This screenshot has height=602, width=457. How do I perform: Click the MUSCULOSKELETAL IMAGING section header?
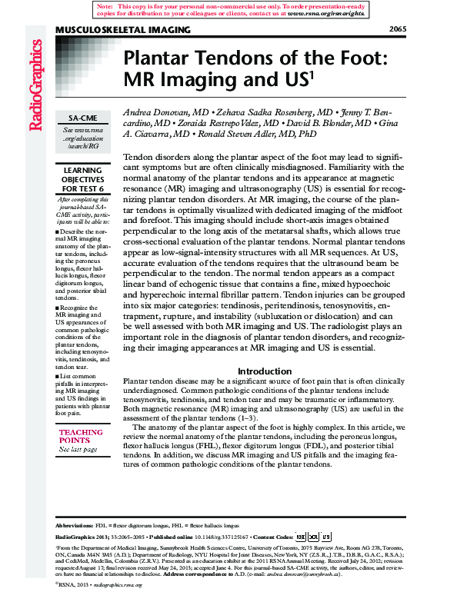[x=123, y=30]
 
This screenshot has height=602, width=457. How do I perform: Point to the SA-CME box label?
[x=82, y=120]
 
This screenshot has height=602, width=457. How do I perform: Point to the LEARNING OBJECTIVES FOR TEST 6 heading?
[x=82, y=179]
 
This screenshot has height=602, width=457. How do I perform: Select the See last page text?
[x=78, y=449]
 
